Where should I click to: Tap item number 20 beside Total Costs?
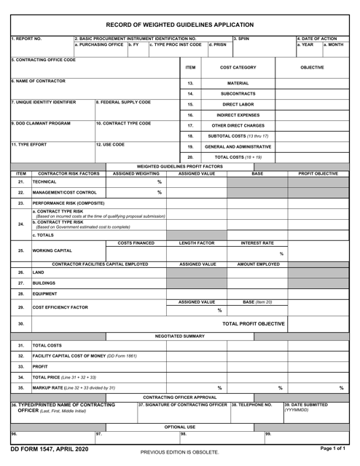(189, 157)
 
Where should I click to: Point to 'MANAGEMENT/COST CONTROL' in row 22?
(65, 192)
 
